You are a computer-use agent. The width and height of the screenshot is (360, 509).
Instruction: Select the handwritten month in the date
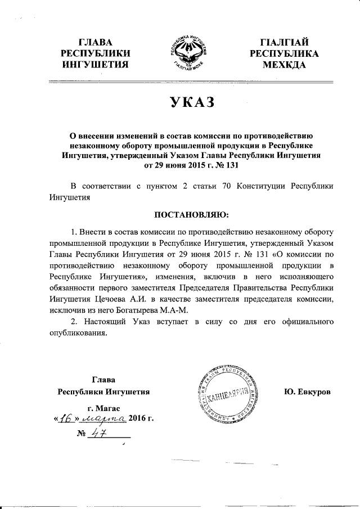click(x=103, y=419)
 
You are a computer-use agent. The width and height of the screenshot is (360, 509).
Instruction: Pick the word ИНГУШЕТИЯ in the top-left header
click(x=94, y=65)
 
